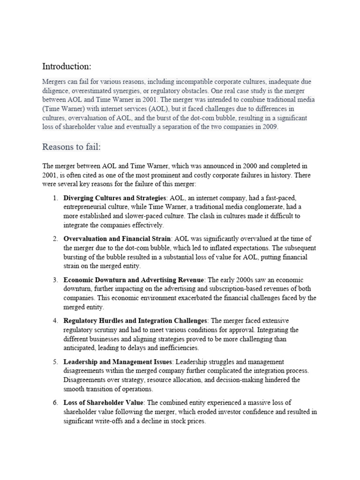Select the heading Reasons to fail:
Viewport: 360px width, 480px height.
72,147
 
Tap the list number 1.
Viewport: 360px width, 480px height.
55,198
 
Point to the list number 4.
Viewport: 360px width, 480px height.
55,321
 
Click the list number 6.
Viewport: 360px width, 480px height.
55,403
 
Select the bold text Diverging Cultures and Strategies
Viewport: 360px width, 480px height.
115,198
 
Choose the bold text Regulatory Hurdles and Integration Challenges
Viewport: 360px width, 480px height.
135,321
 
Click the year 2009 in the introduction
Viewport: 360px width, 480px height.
270,127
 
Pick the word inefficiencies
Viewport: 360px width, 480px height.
179,348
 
